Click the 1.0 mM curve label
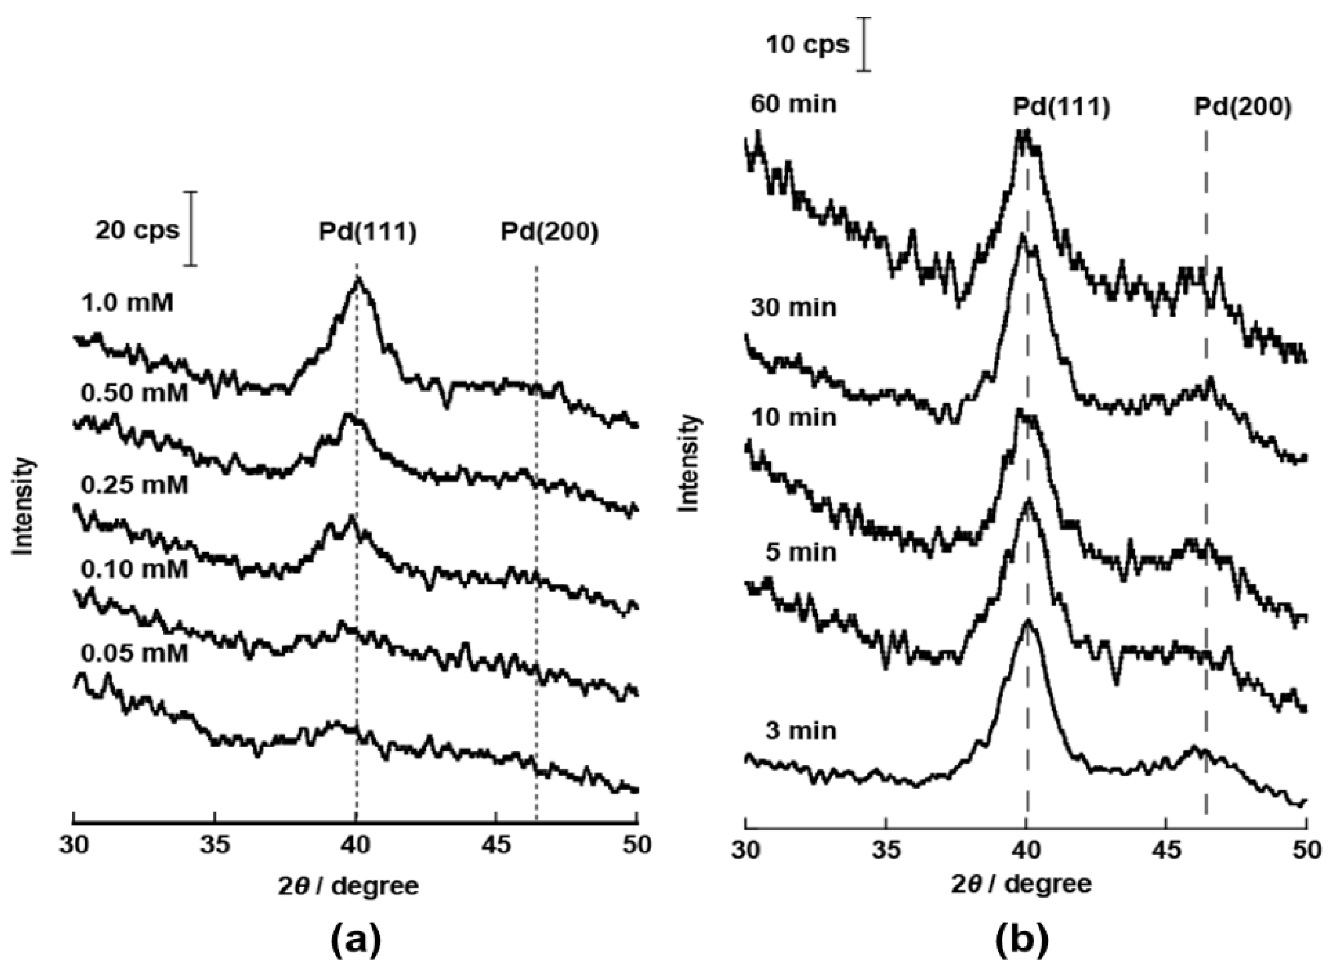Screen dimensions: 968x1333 128,304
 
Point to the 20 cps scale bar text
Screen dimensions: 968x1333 137,231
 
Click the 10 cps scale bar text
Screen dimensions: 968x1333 808,45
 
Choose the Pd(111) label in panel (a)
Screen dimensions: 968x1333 368,232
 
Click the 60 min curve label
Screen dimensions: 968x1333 793,104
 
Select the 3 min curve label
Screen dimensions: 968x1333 801,731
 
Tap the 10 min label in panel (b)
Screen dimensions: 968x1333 793,417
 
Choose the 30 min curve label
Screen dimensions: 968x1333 793,307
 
